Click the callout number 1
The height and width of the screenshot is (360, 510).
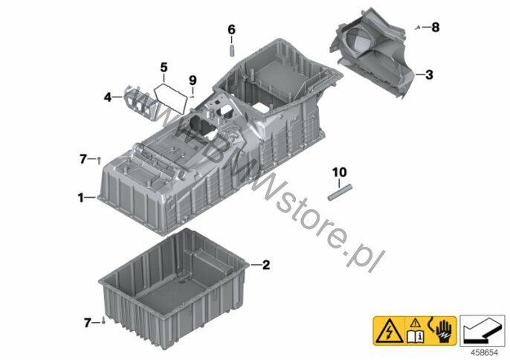click(80, 197)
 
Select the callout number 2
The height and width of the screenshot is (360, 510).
click(266, 265)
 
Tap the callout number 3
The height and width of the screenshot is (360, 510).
click(430, 74)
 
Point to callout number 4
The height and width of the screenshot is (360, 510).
click(108, 97)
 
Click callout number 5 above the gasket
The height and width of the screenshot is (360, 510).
click(164, 68)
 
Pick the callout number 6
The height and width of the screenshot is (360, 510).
click(231, 30)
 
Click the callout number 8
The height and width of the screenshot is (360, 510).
click(436, 28)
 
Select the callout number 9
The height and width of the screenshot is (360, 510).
click(193, 80)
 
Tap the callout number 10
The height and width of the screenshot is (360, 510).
click(339, 172)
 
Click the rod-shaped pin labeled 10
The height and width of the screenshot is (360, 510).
click(340, 193)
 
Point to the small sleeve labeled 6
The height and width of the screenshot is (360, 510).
click(232, 51)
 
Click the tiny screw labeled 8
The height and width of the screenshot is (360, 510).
click(417, 28)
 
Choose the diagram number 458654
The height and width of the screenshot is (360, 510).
click(485, 353)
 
